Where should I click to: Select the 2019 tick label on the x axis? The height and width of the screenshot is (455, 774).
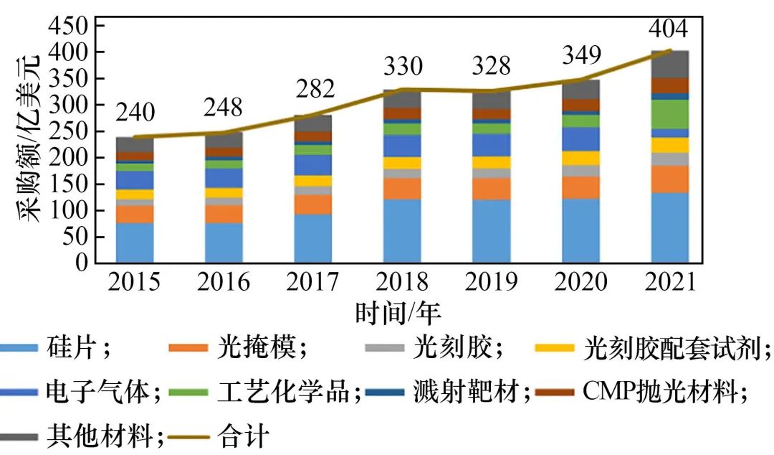(492, 281)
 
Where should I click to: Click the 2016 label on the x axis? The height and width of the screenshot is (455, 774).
(224, 281)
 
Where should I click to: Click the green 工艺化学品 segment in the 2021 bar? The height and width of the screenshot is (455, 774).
(669, 113)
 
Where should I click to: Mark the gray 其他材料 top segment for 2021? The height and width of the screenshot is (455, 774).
(669, 64)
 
